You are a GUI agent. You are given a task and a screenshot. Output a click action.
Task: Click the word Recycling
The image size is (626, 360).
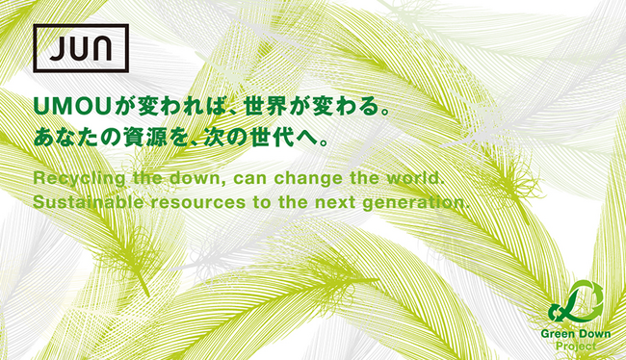click(74, 180)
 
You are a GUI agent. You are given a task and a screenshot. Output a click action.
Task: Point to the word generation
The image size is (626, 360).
click(421, 203)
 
